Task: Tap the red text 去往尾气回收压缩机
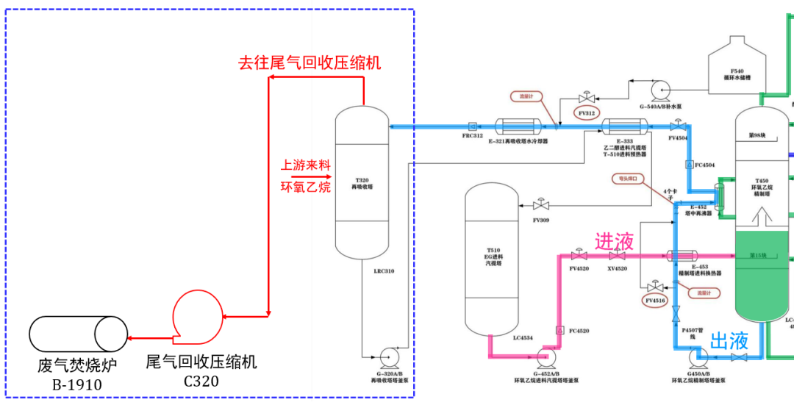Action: tap(310, 62)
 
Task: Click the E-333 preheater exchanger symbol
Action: tap(624, 126)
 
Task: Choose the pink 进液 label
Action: tap(614, 240)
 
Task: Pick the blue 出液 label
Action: tap(729, 340)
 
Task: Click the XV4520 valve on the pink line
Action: tap(617, 256)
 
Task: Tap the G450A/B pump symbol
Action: tap(696, 357)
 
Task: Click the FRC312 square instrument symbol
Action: tap(472, 126)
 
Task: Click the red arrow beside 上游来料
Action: tap(307, 176)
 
